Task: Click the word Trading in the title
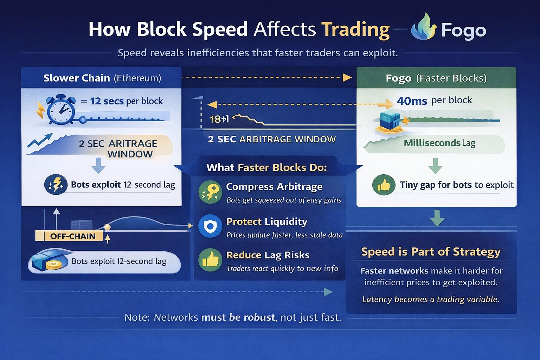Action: pos(356,30)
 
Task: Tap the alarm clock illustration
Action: pos(60,109)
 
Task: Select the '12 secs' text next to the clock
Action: pos(107,101)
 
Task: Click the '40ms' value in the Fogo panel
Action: pos(412,101)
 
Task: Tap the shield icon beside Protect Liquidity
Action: pos(210,226)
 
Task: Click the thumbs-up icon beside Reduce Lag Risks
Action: pos(210,260)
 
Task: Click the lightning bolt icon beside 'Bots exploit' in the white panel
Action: pos(56,185)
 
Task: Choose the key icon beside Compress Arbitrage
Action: pos(210,192)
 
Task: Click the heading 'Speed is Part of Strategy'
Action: pos(431,252)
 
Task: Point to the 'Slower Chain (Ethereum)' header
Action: pos(102,78)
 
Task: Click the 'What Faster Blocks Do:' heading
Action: pos(266,168)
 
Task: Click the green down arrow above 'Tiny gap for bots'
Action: pos(435,166)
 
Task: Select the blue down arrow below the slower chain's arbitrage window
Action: pos(98,166)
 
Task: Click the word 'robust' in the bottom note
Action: pos(259,317)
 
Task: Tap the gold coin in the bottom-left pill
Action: pos(53,265)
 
